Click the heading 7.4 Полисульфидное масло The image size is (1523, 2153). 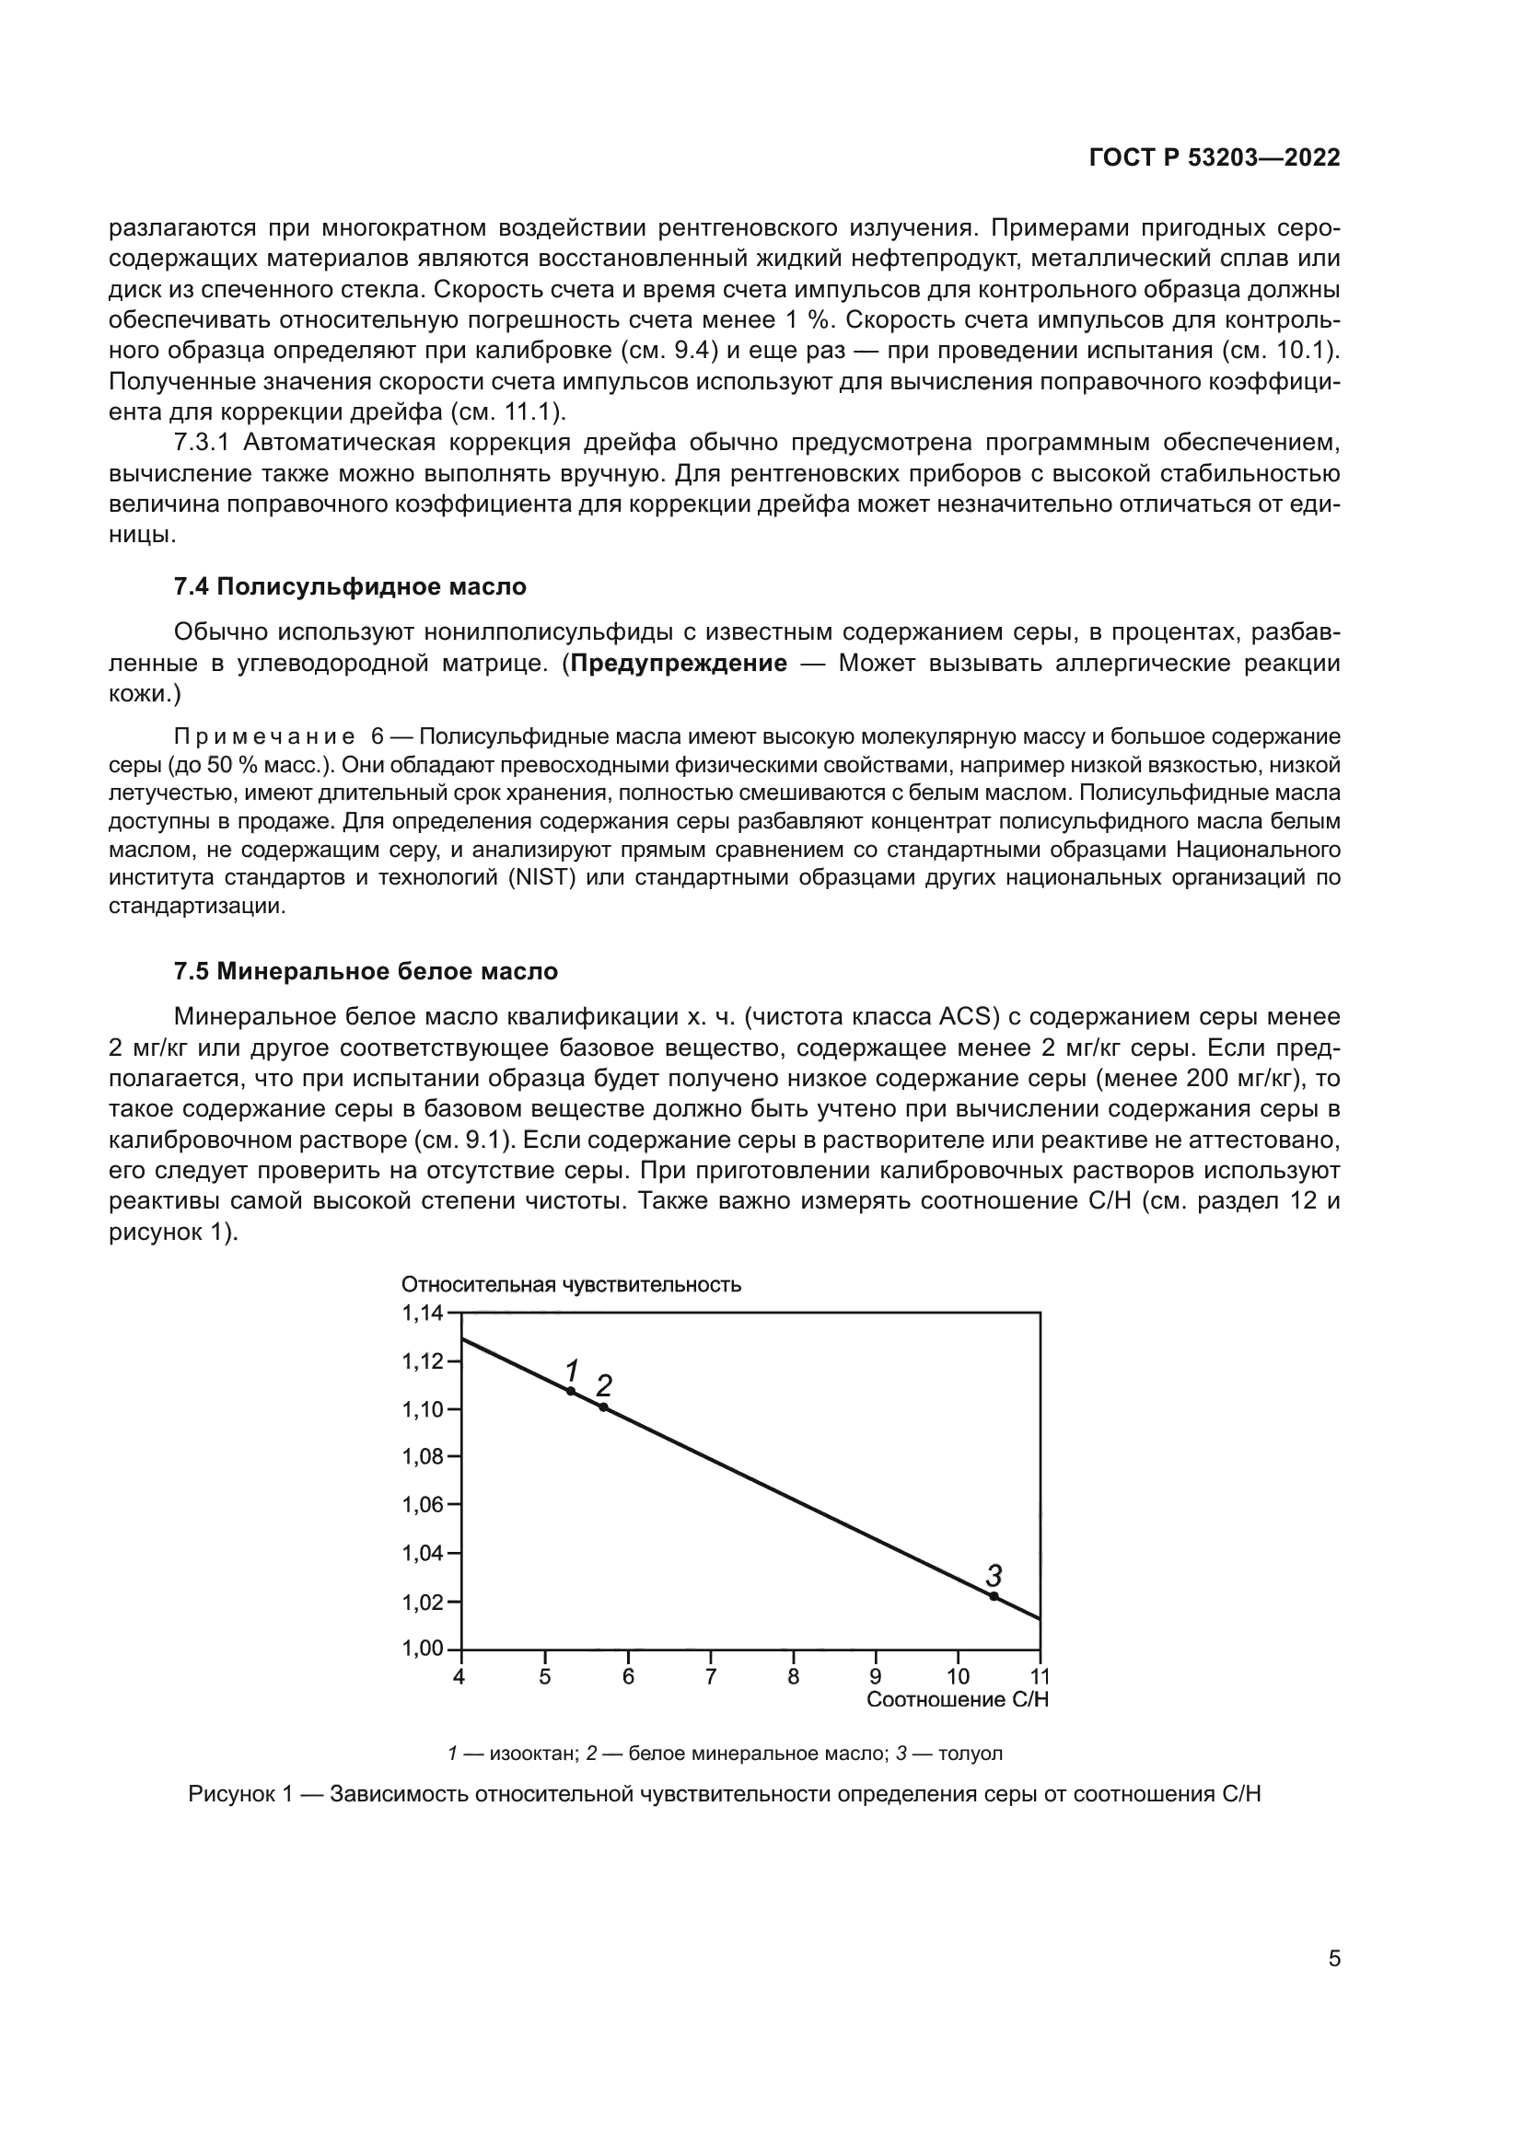(350, 587)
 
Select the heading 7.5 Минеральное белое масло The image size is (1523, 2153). (366, 971)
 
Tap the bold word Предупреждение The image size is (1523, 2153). (678, 664)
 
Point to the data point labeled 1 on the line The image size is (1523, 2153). (570, 1391)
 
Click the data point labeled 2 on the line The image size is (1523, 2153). (603, 1407)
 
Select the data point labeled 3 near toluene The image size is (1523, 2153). (994, 1596)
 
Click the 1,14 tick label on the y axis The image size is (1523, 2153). (422, 1313)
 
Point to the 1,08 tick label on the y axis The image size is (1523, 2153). (422, 1457)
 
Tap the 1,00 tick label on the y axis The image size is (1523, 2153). (422, 1649)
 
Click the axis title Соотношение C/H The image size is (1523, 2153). (957, 1699)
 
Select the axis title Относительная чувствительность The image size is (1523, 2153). (571, 1285)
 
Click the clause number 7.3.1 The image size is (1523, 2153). (202, 443)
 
